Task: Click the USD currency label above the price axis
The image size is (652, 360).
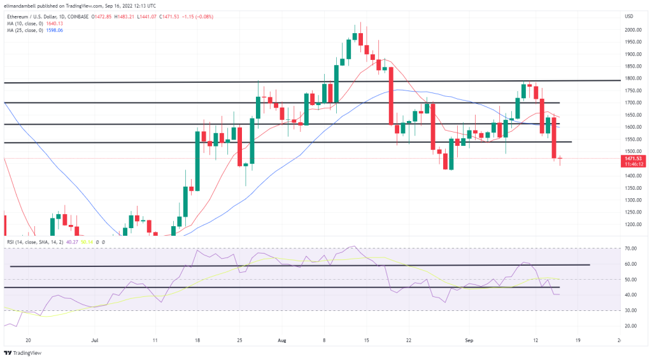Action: pyautogui.click(x=629, y=15)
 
